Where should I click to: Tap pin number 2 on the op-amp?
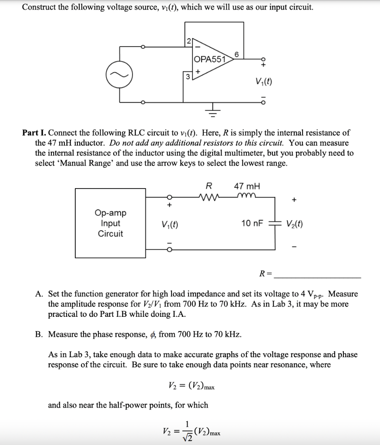tap(188, 42)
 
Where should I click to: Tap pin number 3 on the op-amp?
tap(188, 76)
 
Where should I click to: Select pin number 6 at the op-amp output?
tap(236, 54)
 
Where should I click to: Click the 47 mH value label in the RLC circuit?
tap(247, 186)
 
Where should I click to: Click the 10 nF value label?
tap(252, 223)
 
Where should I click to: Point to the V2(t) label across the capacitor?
tap(295, 223)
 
